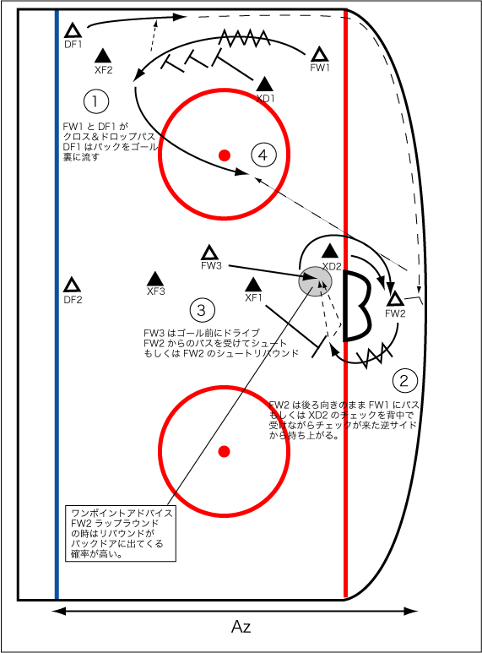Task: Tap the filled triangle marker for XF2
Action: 103,55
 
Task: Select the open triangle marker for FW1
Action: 319,54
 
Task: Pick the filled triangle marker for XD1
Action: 264,84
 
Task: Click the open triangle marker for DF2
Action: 73,286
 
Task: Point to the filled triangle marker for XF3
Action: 155,279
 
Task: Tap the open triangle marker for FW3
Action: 210,253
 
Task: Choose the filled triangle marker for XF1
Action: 252,285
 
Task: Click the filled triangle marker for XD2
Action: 329,251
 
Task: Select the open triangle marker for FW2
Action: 394,298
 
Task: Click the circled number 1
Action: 96,101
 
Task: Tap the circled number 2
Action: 405,379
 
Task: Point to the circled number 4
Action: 263,155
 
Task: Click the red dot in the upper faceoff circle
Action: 224,155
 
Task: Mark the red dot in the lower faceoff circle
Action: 224,451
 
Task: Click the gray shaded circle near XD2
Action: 314,280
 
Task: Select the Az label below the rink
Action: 241,627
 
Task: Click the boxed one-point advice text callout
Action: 122,534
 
